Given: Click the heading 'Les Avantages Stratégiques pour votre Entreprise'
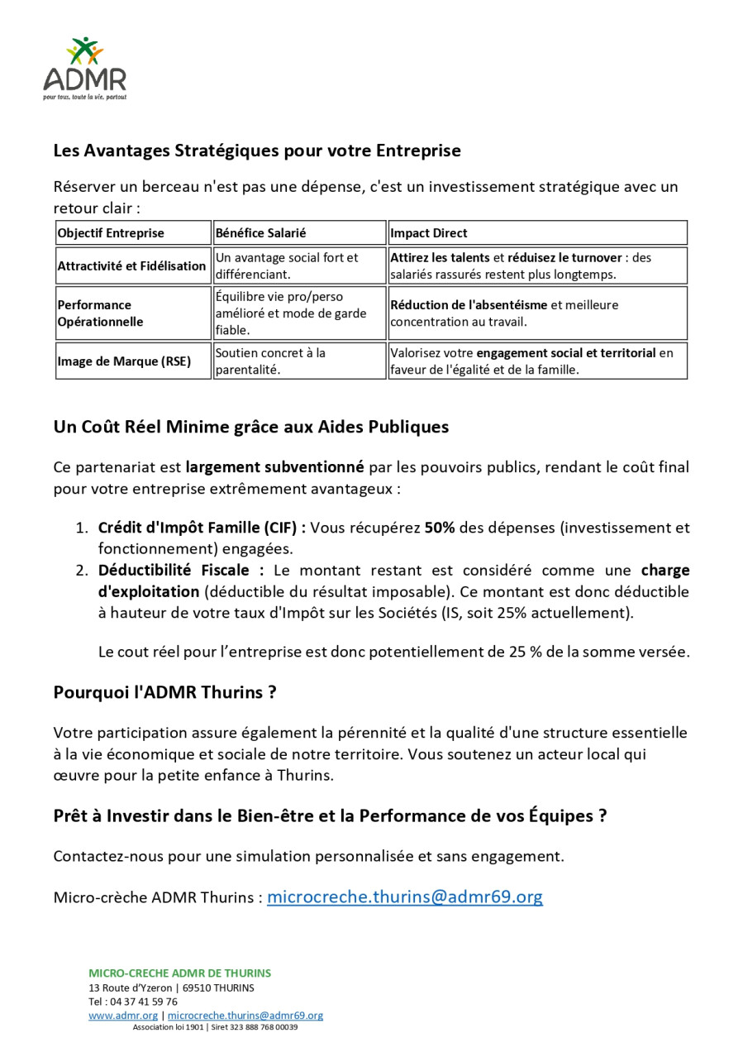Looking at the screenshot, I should (257, 151).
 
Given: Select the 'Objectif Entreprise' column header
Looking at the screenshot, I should (111, 233).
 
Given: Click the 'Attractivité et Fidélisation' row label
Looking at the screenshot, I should (131, 266).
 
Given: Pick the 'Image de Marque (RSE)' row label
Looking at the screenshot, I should (123, 361).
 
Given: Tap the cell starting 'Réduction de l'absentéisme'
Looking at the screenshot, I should (504, 313).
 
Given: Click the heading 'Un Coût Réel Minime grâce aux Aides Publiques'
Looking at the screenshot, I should (251, 428).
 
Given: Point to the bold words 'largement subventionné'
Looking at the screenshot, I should (274, 467).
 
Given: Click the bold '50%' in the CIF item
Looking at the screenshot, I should (440, 528).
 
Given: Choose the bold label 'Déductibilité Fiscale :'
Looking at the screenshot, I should (181, 571).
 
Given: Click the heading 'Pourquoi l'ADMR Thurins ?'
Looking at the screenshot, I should (164, 693).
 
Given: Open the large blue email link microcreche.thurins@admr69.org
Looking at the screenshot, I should (405, 897).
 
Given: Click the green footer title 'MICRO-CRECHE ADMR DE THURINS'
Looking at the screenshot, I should (179, 973).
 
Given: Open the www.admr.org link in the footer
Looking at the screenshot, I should (123, 1016).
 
